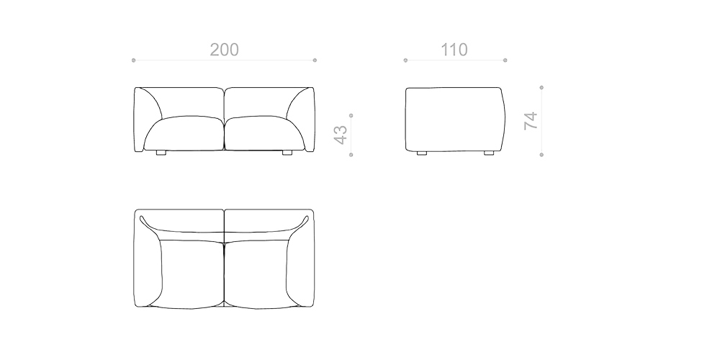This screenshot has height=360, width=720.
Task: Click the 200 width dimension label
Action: (x=224, y=50)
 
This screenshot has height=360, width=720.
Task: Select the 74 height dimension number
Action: (x=531, y=120)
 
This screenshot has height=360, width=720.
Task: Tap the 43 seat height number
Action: (x=341, y=134)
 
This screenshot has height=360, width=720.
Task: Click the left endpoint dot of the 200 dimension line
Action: (x=134, y=60)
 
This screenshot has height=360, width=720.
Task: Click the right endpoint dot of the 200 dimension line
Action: (x=315, y=60)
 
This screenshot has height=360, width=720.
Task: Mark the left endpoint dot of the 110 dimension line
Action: (x=405, y=60)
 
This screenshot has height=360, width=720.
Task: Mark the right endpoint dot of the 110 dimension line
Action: (x=505, y=60)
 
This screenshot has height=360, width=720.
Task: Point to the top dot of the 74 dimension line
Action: (x=541, y=87)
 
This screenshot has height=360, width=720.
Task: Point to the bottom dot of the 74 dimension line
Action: (x=541, y=154)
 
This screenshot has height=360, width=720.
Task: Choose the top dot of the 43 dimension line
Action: (x=351, y=114)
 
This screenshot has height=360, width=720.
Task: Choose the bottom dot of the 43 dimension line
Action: (x=351, y=154)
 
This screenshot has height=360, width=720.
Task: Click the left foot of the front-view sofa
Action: (x=161, y=153)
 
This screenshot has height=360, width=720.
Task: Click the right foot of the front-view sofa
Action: (x=287, y=153)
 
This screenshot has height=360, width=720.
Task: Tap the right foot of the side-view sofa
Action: (x=489, y=153)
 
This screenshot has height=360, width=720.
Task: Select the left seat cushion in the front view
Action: (x=185, y=133)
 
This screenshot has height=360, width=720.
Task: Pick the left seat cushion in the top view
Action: (x=191, y=272)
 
